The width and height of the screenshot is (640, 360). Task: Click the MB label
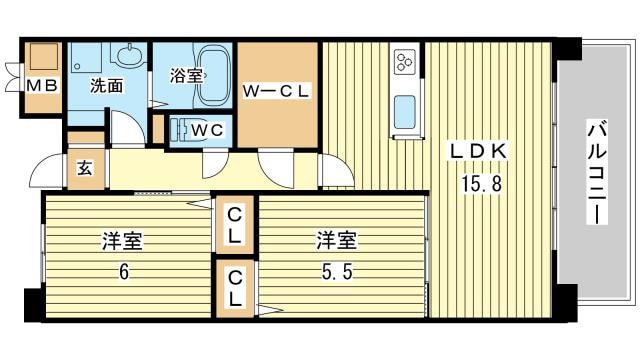point(43,86)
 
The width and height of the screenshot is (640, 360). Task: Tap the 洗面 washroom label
point(106,86)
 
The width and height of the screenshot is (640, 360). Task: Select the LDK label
point(480,150)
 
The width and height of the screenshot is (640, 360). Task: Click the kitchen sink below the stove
point(405,112)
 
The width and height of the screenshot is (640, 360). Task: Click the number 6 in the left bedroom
point(125,270)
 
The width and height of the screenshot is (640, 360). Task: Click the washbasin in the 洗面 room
point(127,58)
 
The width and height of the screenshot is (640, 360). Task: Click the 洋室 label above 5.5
point(338,241)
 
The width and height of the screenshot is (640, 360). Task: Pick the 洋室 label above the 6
point(124,241)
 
